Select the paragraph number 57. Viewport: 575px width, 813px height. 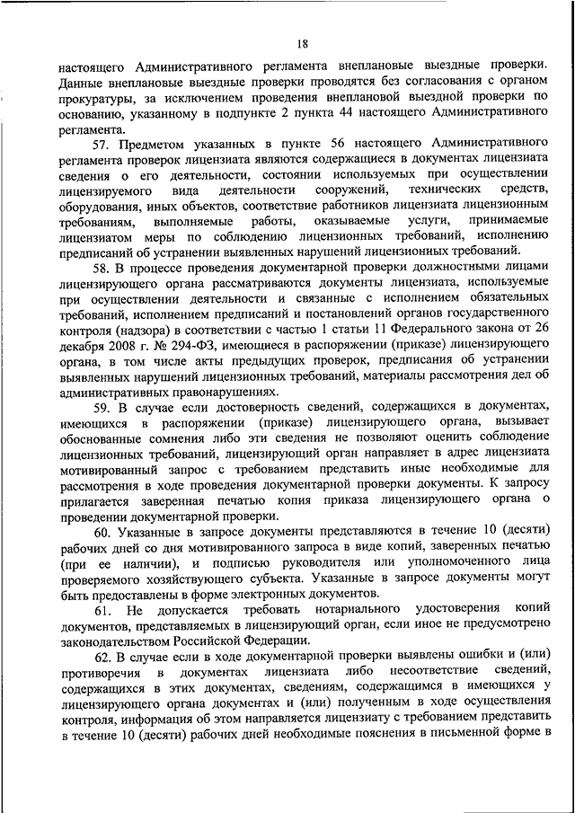click(x=99, y=144)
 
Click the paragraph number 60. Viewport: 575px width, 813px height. click(x=99, y=533)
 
